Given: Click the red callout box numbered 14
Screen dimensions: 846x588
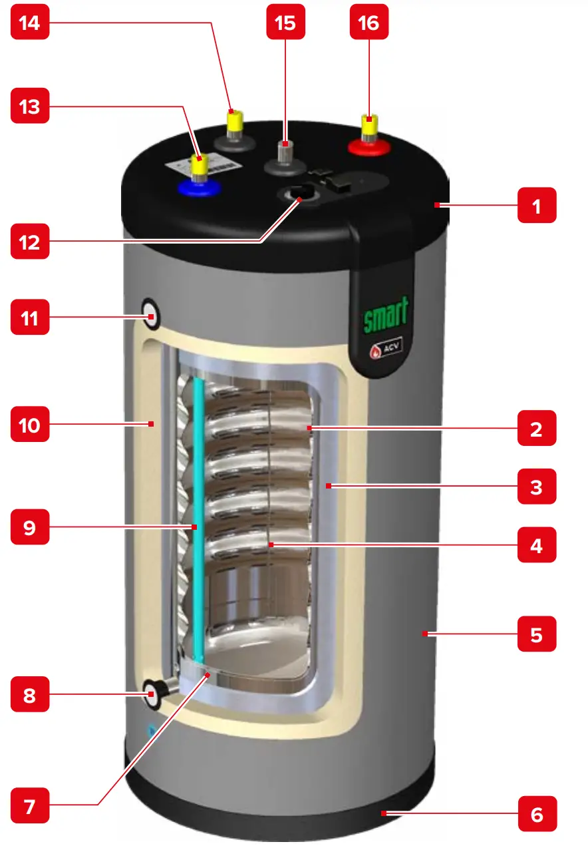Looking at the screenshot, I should point(30,23).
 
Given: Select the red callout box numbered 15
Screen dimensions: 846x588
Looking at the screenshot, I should point(285,23).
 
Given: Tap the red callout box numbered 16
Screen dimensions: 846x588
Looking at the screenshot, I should point(369,23).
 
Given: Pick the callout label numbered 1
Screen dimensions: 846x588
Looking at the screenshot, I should point(537,208).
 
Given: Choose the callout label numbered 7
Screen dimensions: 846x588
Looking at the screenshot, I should point(30,807).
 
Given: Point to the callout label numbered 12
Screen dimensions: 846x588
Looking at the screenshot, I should point(30,243).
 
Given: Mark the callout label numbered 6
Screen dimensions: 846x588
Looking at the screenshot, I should point(537,815).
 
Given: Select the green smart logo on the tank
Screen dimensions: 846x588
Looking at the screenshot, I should point(385,314).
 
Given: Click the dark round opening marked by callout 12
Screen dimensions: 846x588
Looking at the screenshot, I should point(297,195).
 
